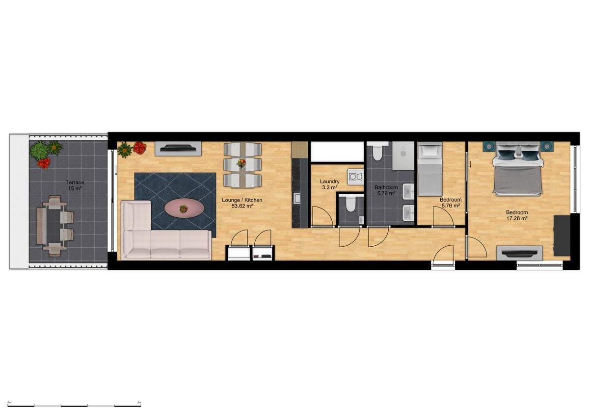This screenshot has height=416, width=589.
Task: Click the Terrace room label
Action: coord(75,185)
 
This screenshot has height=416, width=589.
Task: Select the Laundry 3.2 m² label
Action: coord(329,184)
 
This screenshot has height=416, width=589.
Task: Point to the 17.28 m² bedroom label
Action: coord(517,215)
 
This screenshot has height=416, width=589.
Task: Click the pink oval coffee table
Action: coord(184,208)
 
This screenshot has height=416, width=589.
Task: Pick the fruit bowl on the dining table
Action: coord(241,163)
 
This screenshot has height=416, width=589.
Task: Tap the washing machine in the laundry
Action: coord(355,177)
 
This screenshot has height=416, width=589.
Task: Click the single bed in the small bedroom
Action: coord(430,169)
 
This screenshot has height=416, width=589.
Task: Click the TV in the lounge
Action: coord(178,149)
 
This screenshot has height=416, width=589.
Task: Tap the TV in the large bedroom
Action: coord(519,253)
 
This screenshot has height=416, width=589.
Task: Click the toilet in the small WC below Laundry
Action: coord(350,204)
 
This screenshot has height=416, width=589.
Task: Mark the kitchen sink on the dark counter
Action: coord(297,198)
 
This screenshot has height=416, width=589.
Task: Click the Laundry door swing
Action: coord(321,216)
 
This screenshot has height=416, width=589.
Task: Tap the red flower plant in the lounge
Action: coord(139,148)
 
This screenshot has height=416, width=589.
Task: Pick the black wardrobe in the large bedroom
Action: coord(562,235)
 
